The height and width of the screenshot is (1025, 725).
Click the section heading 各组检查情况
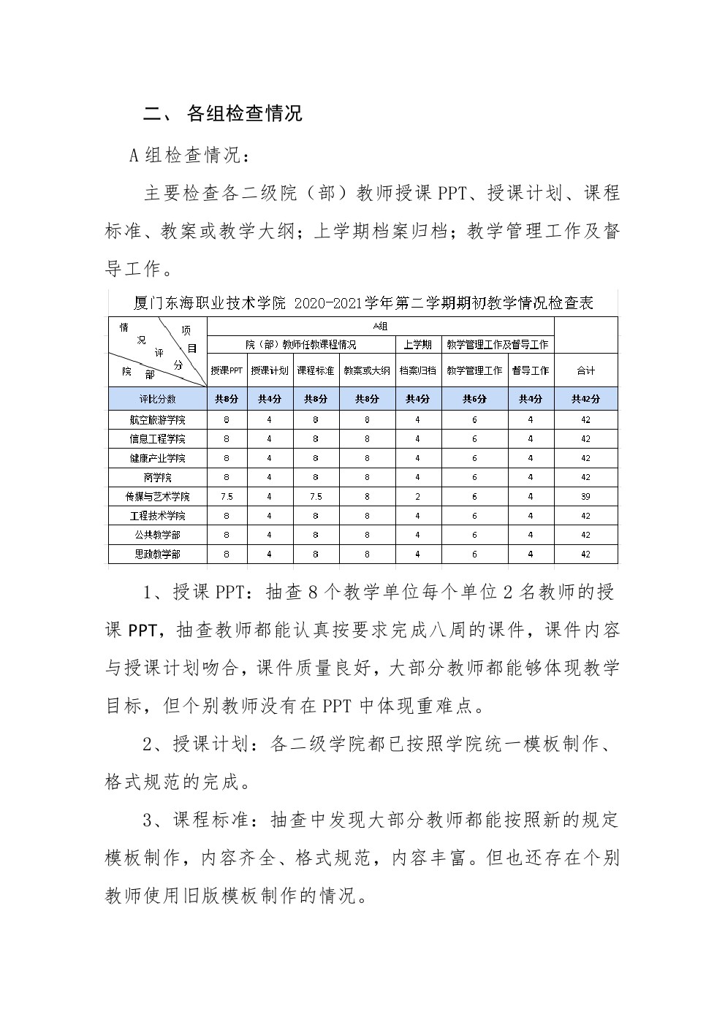tap(244, 113)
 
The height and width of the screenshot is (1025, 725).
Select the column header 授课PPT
tap(227, 370)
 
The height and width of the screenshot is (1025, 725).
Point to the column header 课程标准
tap(315, 370)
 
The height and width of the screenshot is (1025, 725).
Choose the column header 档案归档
tap(417, 370)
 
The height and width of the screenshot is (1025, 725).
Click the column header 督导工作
tap(531, 370)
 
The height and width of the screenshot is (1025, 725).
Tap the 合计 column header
tap(585, 370)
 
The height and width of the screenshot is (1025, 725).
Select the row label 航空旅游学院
tap(158, 420)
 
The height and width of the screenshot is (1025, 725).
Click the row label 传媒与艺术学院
tap(158, 497)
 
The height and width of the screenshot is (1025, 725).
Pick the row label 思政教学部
tap(158, 555)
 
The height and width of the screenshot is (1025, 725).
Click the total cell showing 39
tap(585, 497)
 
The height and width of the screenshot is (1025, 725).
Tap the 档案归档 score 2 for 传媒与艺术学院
tap(417, 497)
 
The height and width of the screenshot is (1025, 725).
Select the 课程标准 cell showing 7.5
tap(315, 497)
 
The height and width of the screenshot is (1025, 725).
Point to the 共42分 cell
tap(585, 399)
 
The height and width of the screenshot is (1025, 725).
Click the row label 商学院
tap(158, 478)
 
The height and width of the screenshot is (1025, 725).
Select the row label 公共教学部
tap(158, 536)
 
